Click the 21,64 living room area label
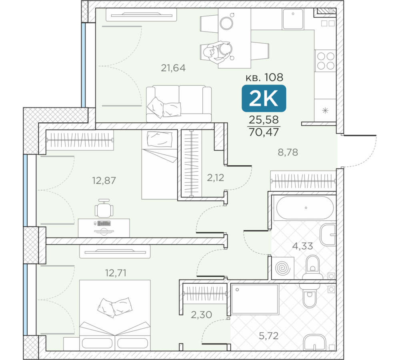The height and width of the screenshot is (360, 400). (173, 68)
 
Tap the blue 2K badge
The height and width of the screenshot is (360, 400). (264, 98)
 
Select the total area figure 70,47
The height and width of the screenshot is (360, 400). (264, 132)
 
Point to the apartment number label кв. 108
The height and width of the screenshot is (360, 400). (264, 77)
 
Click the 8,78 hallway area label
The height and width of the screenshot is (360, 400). (288, 152)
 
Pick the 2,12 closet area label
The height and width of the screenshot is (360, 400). (216, 178)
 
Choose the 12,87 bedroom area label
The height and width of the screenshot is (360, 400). (104, 181)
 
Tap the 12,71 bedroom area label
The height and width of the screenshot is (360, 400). (116, 273)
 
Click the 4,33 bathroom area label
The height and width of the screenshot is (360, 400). (302, 246)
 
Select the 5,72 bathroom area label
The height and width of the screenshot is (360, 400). (269, 336)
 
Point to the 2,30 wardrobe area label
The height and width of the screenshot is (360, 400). (202, 315)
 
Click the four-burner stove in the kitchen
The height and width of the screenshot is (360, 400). (326, 61)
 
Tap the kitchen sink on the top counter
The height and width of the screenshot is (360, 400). (293, 19)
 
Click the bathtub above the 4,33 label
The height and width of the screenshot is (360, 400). (305, 208)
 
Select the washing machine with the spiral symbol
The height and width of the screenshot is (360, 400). (283, 268)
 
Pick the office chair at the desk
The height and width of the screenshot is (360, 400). (104, 208)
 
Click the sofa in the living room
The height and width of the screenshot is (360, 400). (179, 104)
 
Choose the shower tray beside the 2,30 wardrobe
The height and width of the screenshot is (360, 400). (255, 299)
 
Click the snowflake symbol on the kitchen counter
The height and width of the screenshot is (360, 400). (325, 111)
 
